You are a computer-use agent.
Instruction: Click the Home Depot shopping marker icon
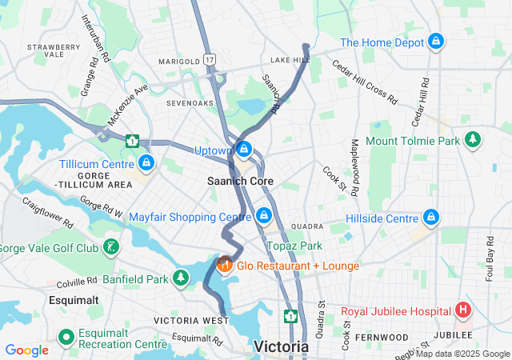coord(436,42)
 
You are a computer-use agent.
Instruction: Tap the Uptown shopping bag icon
coord(245,150)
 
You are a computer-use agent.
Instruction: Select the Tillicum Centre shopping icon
coord(146,164)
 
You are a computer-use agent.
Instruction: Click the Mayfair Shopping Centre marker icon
coord(264,216)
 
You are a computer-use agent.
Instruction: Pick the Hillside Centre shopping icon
coord(431,218)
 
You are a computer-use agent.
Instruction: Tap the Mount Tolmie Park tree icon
coord(473,141)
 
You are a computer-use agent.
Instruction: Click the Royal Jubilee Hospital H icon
coord(462,310)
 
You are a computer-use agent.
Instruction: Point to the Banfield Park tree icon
coord(182,279)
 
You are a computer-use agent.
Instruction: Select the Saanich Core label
coord(240,182)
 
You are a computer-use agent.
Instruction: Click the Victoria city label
coord(281,346)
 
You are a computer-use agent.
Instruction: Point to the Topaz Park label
coord(294,246)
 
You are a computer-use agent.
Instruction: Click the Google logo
coord(26,350)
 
